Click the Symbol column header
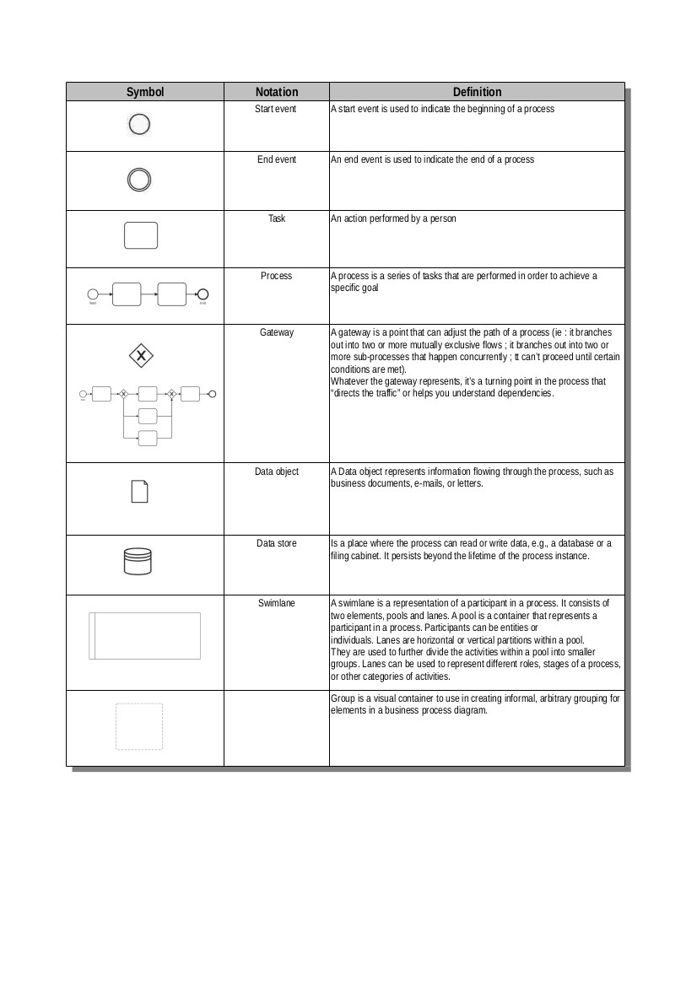click(x=145, y=92)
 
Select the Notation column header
click(x=277, y=92)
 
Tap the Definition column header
click(x=477, y=92)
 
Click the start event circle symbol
click(x=140, y=125)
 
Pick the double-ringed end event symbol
click(x=140, y=180)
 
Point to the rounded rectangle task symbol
click(x=141, y=235)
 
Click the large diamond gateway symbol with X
click(x=141, y=356)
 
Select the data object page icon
click(x=140, y=491)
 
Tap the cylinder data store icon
click(x=138, y=562)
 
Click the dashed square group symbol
click(x=139, y=726)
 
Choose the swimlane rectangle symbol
click(x=145, y=635)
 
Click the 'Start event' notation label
click(x=276, y=109)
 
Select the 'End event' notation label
click(x=277, y=159)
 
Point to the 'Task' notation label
click(x=277, y=218)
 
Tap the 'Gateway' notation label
click(x=277, y=332)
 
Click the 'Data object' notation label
click(x=277, y=471)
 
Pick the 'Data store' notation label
click(x=277, y=543)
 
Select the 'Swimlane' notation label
click(x=277, y=602)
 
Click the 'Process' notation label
click(x=277, y=276)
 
